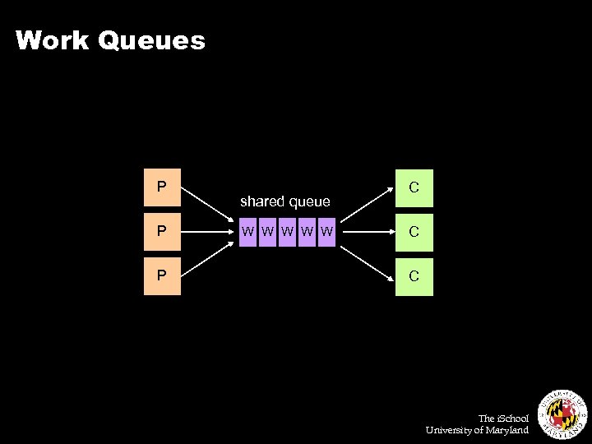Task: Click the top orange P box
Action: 162,187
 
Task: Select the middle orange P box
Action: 162,232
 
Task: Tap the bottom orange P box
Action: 162,275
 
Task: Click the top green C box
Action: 414,187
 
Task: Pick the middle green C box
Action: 414,232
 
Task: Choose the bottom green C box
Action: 414,275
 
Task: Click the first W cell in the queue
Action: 247,232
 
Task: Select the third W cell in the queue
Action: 287,232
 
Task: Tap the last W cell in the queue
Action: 327,232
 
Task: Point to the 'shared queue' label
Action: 284,201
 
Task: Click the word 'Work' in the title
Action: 52,40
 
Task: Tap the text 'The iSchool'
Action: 503,419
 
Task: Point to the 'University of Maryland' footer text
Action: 477,430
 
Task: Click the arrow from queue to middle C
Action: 366,232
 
